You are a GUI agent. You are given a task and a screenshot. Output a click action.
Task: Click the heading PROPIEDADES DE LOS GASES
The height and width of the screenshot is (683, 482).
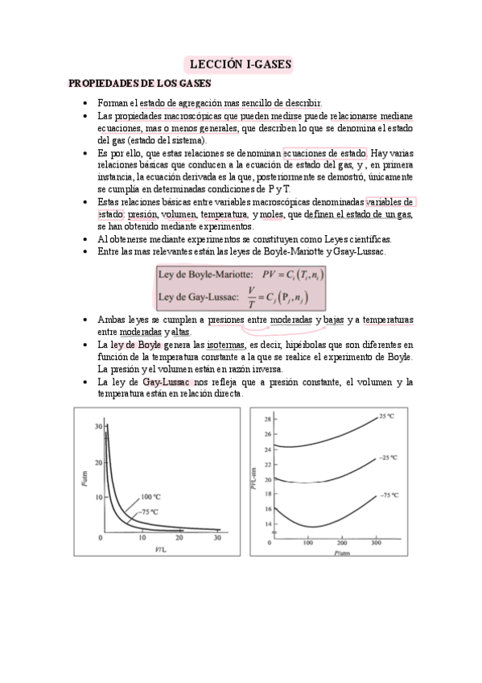coord(139,83)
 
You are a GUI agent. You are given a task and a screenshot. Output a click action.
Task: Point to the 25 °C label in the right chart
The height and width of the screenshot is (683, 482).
coord(387,416)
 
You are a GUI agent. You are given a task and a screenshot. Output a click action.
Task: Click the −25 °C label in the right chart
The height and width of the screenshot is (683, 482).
coord(389,457)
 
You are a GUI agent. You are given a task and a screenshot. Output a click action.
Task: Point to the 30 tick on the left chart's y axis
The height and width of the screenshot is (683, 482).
coord(97,425)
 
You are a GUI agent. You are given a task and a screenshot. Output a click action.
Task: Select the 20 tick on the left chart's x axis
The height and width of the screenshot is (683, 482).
coord(179,537)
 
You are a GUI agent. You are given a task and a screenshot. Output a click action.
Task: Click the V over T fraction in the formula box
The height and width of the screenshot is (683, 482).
coord(252,296)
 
